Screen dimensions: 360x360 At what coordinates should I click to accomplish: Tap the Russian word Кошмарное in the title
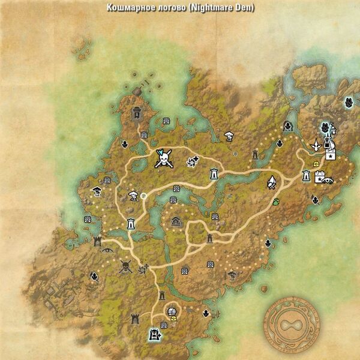click(x=128, y=8)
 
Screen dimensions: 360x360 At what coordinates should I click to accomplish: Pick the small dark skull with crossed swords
click(x=125, y=266)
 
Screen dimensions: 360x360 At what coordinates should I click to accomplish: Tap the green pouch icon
click(x=276, y=202)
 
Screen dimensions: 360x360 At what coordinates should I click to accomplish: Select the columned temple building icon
click(x=176, y=221)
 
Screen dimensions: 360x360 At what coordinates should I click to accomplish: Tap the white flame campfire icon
click(x=272, y=181)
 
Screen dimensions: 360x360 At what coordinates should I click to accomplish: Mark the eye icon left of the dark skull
click(x=107, y=250)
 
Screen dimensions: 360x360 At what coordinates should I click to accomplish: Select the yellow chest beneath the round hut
click(x=173, y=319)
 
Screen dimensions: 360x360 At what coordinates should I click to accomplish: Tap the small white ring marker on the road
click(x=143, y=195)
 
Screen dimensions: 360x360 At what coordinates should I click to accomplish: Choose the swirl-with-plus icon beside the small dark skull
click(x=143, y=268)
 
